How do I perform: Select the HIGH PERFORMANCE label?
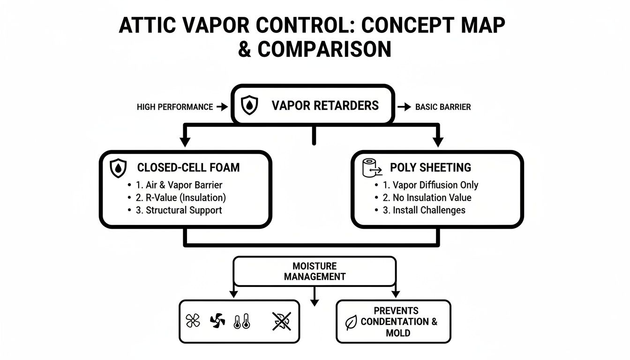175,107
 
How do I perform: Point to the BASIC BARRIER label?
443,107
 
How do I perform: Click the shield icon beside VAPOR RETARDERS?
249,105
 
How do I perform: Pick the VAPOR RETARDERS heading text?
325,105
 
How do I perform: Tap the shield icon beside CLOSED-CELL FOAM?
117,168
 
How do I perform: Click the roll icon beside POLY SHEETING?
370,168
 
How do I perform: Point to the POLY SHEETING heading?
430,168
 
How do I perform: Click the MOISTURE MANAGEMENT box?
315,271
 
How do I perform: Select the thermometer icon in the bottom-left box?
242,322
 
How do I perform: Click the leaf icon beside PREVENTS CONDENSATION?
351,322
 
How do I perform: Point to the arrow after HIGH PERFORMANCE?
222,107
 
